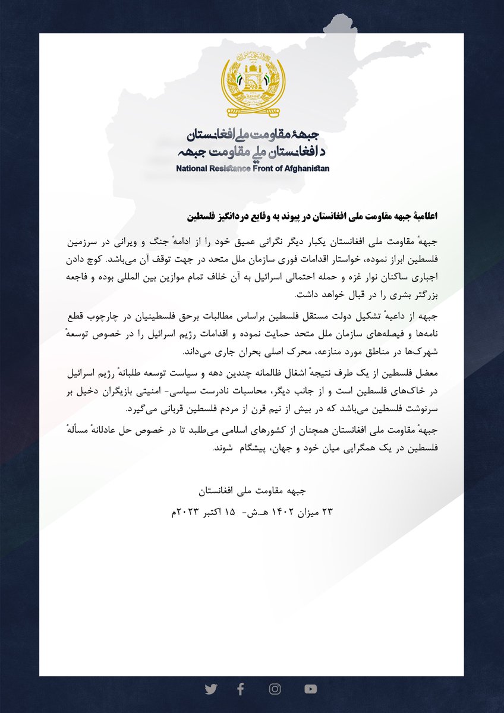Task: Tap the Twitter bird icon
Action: pyautogui.click(x=211, y=689)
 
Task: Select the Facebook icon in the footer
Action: pyautogui.click(x=240, y=689)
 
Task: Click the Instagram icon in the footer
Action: pyautogui.click(x=275, y=689)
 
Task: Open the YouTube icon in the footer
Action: pyautogui.click(x=310, y=689)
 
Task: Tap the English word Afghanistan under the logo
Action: pyautogui.click(x=310, y=169)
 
